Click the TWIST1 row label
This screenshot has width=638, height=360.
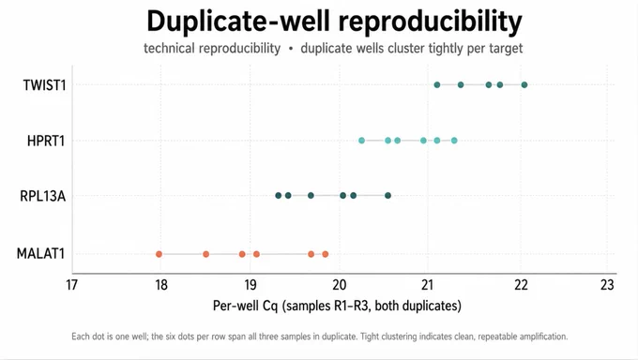tap(44, 85)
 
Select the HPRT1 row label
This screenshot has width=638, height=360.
tap(46, 141)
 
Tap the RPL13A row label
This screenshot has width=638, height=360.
tap(43, 196)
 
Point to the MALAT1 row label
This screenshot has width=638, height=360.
tap(40, 254)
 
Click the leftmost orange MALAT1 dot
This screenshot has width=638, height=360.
tap(159, 254)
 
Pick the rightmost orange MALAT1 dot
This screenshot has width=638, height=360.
tap(326, 254)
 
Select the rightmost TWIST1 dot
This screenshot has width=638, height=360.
tap(524, 85)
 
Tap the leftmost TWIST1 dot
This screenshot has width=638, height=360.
tap(437, 85)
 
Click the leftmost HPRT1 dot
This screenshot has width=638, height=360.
tap(362, 141)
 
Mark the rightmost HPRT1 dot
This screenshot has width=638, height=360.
tap(454, 141)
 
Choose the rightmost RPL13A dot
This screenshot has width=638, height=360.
tap(387, 196)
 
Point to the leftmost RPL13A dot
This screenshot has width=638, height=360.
tap(279, 196)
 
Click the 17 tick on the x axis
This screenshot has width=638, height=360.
tap(71, 285)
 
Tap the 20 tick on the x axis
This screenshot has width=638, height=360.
tap(339, 285)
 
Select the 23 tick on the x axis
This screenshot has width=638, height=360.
tap(607, 285)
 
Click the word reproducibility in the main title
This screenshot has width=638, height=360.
tap(426, 22)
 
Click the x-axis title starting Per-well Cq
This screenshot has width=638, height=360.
tap(337, 306)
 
